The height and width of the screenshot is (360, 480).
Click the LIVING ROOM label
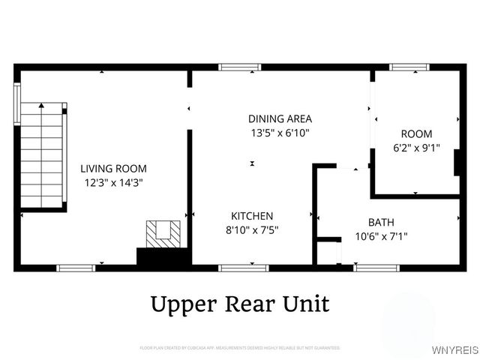coord(113,169)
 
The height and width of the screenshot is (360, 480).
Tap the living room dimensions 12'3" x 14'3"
coord(113,181)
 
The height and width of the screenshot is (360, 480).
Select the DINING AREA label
coord(280,118)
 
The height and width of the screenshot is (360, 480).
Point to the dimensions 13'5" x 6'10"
coord(280,132)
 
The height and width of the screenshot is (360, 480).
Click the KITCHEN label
coord(251,215)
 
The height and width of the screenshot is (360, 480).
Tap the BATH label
coord(381,222)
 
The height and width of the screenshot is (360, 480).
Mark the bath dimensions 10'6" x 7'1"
coord(381,236)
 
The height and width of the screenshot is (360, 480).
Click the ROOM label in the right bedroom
coord(415,133)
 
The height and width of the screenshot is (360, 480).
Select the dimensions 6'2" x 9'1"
coord(415,148)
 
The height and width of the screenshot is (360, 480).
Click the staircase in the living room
coord(42,154)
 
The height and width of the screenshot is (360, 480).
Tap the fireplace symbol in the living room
coord(163,234)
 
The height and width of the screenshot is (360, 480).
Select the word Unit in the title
coord(306,304)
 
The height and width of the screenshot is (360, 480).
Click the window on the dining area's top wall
coord(240,67)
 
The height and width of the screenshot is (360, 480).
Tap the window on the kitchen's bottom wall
coord(244,268)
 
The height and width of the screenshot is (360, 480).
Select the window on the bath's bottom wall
coord(377,268)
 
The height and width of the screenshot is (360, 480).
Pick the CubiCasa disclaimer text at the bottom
coord(240,348)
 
